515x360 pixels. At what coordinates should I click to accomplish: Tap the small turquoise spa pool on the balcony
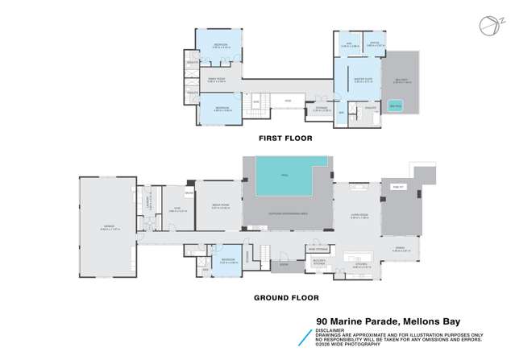tap(395, 106)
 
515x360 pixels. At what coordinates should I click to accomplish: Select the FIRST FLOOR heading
tap(284, 139)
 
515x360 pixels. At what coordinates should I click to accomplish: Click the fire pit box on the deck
tap(397, 186)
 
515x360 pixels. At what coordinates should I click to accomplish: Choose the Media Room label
tap(218, 208)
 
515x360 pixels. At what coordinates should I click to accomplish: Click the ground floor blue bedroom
tap(227, 261)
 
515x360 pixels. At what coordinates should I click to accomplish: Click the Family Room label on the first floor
tap(216, 80)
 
